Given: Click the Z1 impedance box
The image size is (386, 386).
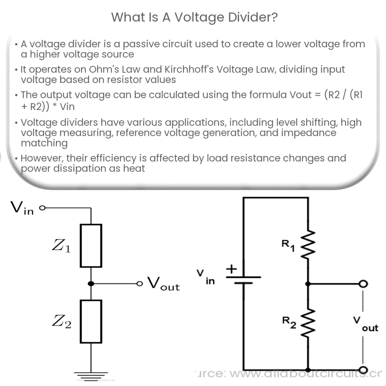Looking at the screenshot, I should point(91,245).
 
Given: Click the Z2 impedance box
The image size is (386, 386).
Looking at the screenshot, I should point(91,321).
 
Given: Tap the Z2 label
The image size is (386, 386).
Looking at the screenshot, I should point(61,323).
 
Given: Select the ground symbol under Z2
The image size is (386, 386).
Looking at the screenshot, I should point(91,375).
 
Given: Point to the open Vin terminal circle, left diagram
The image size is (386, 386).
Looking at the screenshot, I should point(42,207).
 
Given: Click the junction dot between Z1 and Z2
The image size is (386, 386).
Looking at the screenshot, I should point(91,283).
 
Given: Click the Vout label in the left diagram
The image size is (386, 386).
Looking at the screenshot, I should point(163,284).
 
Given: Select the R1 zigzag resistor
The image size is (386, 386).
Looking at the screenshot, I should point(308,245).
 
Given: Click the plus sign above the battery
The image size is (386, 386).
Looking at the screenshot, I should point(231,269).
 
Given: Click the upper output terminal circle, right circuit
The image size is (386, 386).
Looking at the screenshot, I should point(363,283).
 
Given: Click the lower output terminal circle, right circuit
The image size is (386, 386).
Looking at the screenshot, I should point(363,370).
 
